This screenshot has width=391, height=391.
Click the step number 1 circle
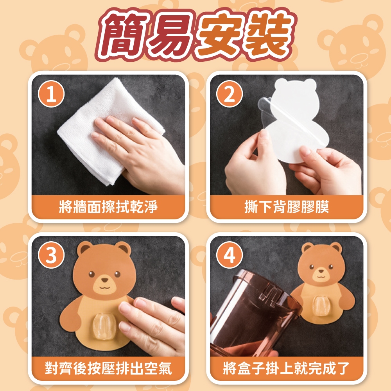point(51,94)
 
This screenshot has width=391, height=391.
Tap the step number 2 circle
point(230,94)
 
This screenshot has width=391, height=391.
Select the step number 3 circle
point(51,255)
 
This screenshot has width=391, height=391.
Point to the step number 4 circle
point(230,255)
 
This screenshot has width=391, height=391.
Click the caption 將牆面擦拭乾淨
point(108,207)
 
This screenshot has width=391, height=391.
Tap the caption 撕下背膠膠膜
point(287,207)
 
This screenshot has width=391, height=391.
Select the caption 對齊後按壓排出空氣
point(108,368)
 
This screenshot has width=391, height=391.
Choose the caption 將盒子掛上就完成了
point(287,368)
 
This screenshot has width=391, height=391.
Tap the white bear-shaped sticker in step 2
point(294,120)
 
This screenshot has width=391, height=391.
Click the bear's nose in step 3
point(105,280)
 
